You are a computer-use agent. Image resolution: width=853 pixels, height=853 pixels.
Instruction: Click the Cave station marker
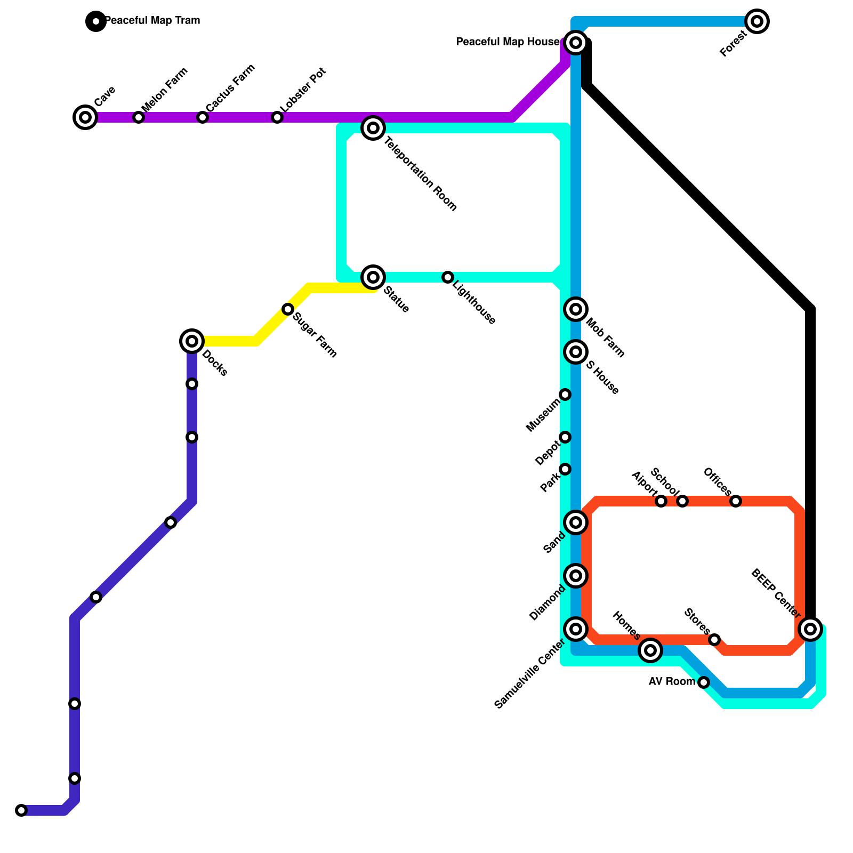click(x=85, y=117)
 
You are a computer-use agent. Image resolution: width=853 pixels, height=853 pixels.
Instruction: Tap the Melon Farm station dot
click(x=139, y=117)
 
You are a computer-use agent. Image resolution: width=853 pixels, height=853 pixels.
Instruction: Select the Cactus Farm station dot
click(x=203, y=117)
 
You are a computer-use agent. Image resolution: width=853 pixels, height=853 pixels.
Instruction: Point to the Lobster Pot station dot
click(x=277, y=117)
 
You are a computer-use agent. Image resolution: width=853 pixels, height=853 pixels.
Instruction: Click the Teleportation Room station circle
click(x=373, y=128)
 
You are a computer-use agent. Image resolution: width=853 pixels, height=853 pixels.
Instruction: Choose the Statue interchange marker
click(x=373, y=277)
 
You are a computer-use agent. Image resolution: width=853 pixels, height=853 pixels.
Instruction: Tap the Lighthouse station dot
click(x=448, y=277)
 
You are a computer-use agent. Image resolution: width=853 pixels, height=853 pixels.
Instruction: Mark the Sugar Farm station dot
click(x=288, y=309)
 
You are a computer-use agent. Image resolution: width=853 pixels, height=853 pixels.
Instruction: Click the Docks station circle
click(x=192, y=341)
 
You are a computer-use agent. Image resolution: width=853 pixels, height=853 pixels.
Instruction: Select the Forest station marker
click(x=757, y=21)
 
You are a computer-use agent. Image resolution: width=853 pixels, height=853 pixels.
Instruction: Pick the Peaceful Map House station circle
click(x=576, y=43)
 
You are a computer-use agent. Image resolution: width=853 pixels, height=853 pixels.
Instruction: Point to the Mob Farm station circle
click(x=576, y=309)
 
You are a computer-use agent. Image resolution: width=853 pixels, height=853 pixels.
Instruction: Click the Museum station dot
click(x=565, y=395)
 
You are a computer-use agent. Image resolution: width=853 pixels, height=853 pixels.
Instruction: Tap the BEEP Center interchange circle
click(x=810, y=629)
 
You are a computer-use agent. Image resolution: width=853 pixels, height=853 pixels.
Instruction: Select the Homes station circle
click(x=650, y=650)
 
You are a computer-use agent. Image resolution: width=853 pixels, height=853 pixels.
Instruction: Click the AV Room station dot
click(x=704, y=682)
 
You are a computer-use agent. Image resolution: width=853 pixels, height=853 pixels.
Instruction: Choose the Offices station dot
click(x=736, y=501)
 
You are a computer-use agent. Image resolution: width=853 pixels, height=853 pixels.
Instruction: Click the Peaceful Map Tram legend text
click(x=152, y=21)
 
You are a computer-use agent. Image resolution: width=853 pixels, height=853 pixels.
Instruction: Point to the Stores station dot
click(x=714, y=640)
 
